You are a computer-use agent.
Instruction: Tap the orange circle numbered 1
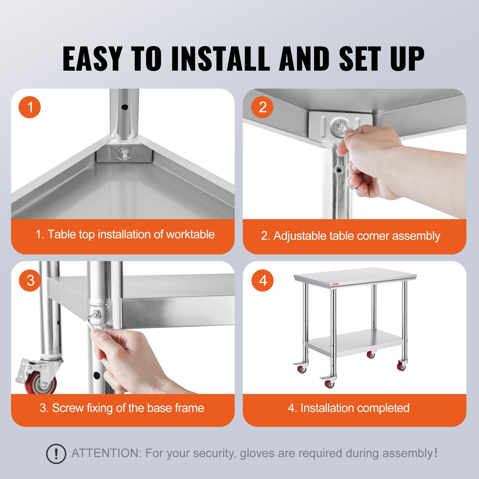coord(30,107)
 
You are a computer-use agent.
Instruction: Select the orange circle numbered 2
coord(262,107)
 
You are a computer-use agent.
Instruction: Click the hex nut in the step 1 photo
coord(124,154)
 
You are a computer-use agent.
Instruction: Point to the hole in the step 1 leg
coord(125,107)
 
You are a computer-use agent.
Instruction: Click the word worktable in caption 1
coord(190,234)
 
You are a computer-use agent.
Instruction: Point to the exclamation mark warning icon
coord(56,454)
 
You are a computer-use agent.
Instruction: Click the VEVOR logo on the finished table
coord(335,284)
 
